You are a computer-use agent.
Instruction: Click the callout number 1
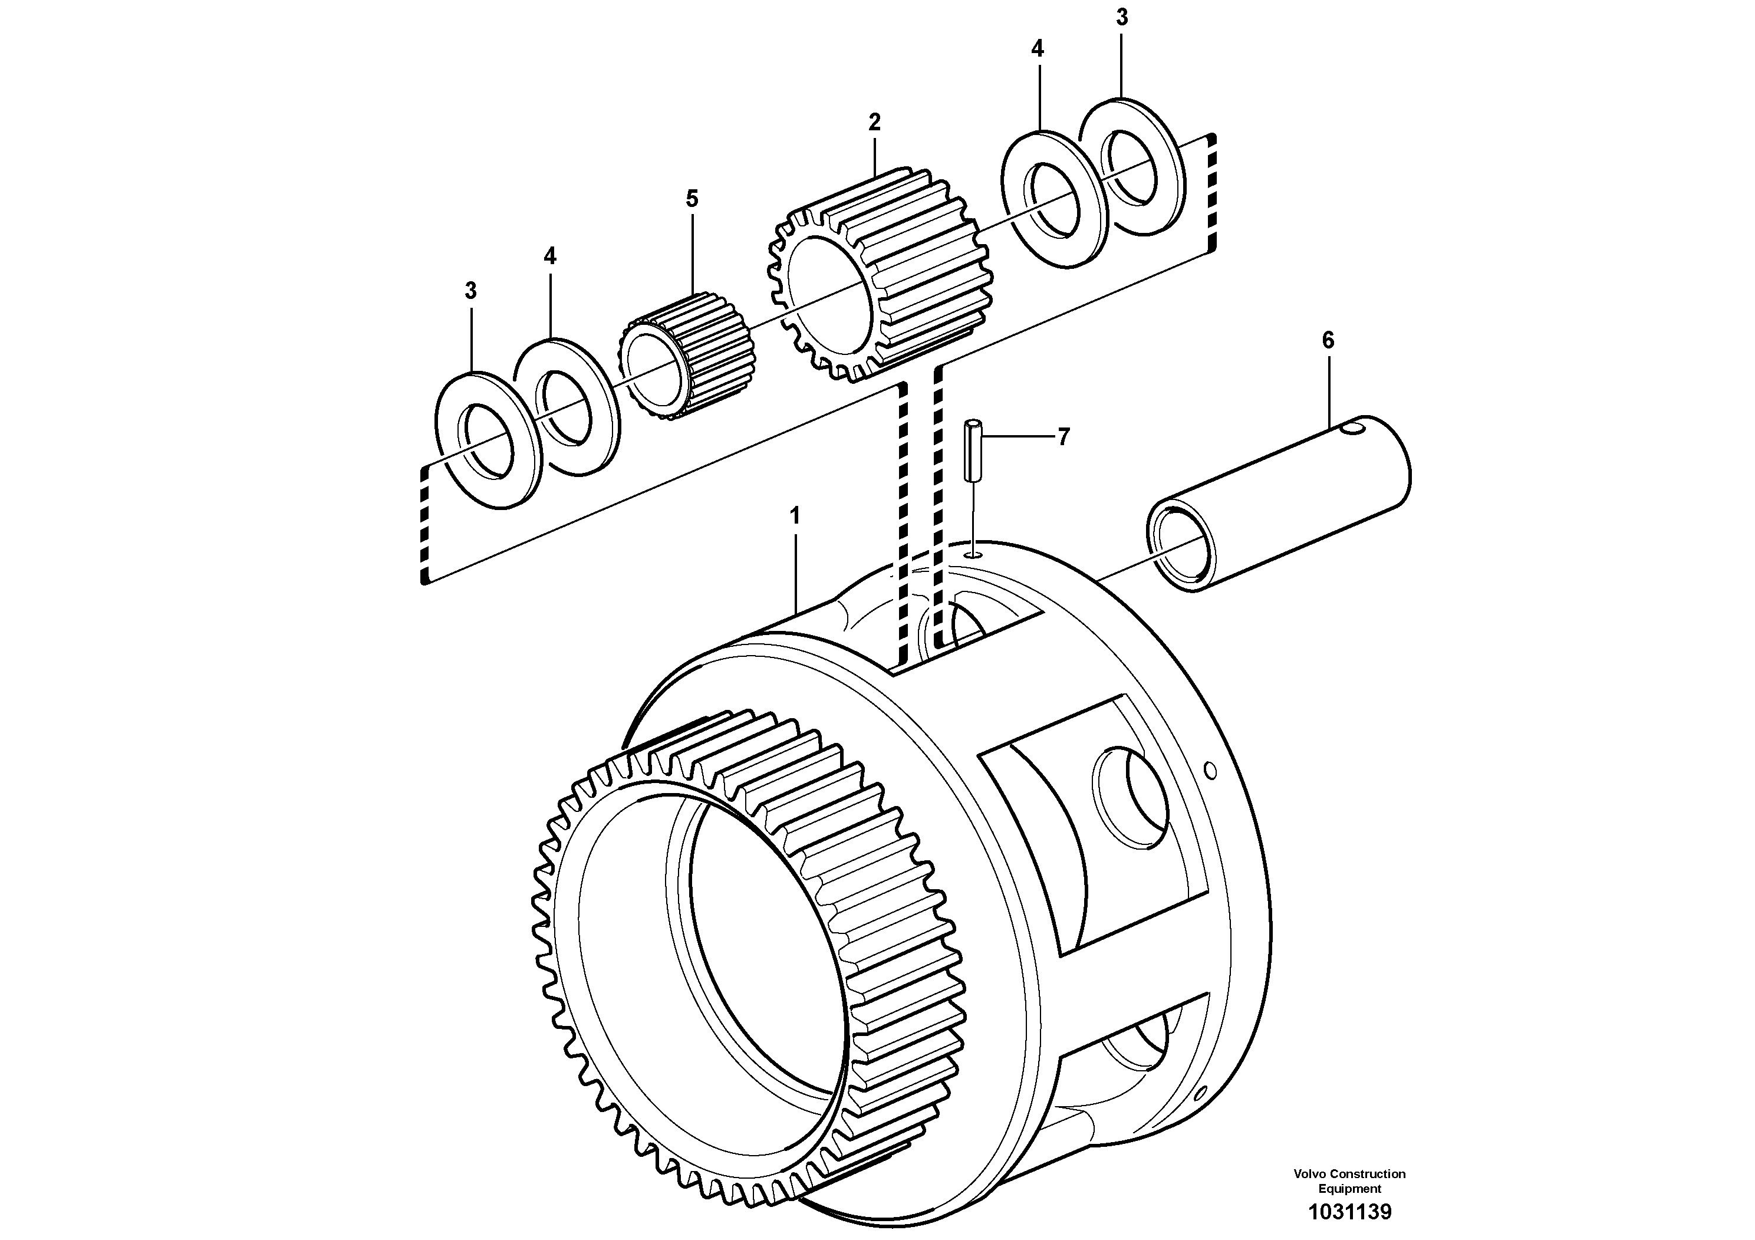click(795, 516)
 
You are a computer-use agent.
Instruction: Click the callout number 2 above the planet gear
click(874, 121)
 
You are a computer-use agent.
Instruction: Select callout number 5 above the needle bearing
click(692, 199)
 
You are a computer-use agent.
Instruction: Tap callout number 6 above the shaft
click(1328, 341)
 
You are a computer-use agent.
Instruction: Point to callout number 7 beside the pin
click(1063, 438)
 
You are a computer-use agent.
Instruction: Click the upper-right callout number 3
click(1121, 18)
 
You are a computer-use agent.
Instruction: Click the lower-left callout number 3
click(471, 291)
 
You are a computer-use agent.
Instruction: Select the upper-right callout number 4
click(1036, 50)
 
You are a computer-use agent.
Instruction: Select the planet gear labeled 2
click(879, 275)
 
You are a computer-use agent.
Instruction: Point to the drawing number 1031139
click(1349, 1212)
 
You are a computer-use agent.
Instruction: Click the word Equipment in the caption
click(1349, 1189)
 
